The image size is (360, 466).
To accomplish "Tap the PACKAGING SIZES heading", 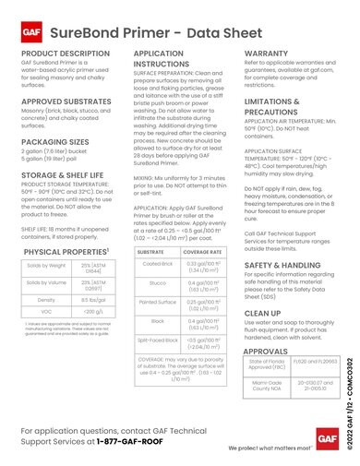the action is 57,143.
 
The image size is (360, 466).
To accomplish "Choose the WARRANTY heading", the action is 270,55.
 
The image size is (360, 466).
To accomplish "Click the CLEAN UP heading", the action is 264,314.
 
